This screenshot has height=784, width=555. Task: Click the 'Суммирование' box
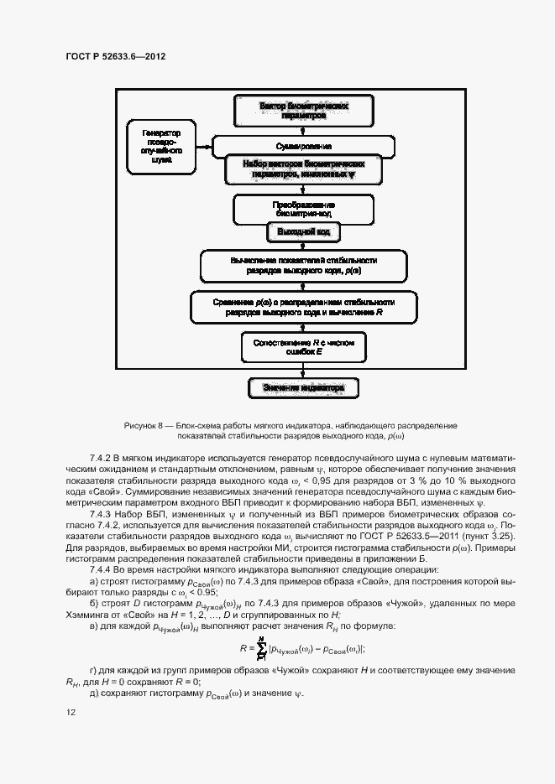click(292, 146)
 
